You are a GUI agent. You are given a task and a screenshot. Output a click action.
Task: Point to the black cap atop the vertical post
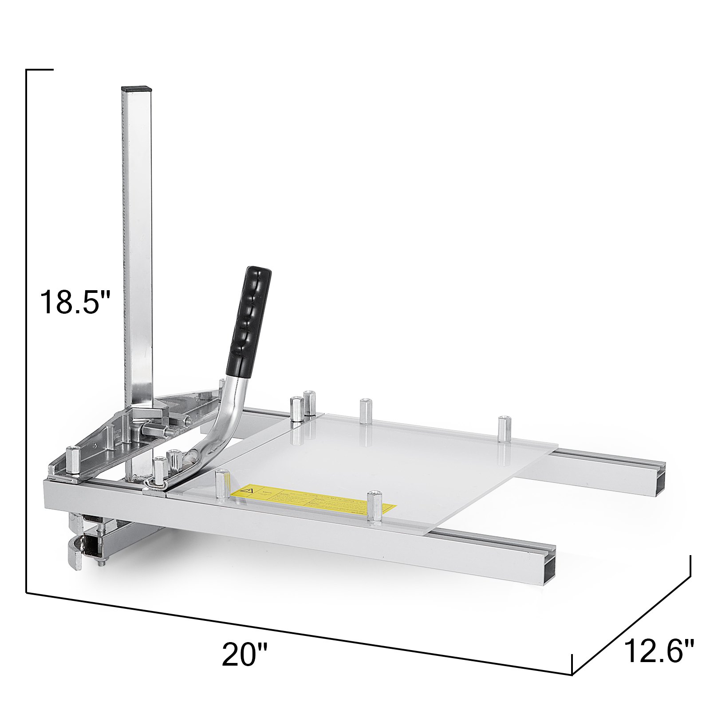(x=137, y=89)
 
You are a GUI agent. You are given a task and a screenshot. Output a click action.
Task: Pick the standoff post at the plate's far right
(x=503, y=429)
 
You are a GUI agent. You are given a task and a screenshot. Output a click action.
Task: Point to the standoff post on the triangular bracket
(x=72, y=461)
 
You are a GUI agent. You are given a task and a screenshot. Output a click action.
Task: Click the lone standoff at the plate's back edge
(x=365, y=411)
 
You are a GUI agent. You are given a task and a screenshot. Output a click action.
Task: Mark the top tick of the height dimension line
(x=40, y=70)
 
